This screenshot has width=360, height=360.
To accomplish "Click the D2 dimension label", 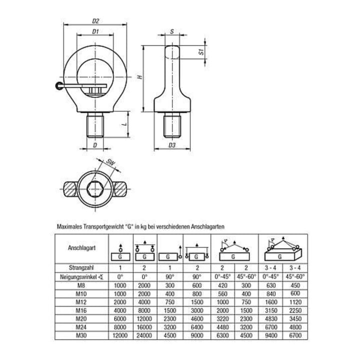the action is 95,21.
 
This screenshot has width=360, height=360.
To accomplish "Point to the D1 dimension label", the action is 95,31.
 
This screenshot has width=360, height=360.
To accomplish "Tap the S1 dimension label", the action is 201,51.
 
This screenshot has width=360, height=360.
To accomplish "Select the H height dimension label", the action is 140,77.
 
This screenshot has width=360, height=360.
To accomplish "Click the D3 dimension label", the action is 172,145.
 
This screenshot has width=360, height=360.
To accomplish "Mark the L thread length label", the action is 124,124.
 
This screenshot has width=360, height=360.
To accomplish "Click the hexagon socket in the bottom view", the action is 95,189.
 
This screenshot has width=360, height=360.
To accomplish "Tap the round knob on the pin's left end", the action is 58,86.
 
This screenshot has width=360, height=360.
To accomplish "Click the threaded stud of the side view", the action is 172,126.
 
